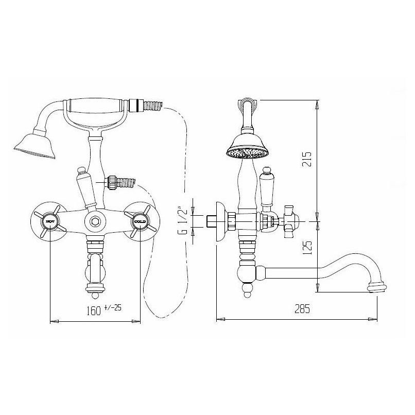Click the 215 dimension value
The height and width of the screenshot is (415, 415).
coord(307,159)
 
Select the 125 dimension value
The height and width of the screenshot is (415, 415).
coord(307,248)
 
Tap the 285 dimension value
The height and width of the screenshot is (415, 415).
coord(302,309)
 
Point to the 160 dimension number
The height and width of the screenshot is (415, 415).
coord(94,310)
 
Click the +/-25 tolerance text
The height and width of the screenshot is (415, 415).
coord(113,307)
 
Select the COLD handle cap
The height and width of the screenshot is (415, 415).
coord(140,221)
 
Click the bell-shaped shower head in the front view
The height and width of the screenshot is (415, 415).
coord(36,144)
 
